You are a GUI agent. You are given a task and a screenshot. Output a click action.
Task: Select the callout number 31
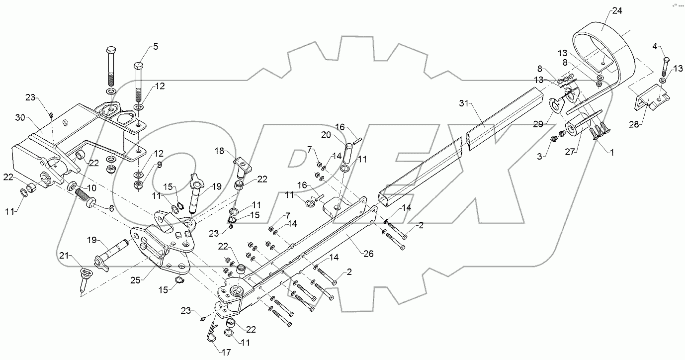coord(463,103)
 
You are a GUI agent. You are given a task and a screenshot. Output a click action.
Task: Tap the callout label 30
coord(20,118)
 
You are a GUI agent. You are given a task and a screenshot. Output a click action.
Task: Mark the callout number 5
coord(155,47)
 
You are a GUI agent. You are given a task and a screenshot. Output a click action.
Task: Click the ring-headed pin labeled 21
coord(84,279)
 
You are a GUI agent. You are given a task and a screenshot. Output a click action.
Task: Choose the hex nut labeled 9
coord(139,185)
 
